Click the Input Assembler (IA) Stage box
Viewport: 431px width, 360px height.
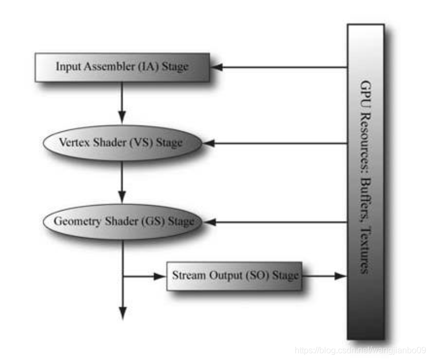click(x=122, y=67)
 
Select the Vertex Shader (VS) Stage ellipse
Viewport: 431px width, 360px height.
click(x=122, y=143)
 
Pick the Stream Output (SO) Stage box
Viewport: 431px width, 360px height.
click(x=234, y=276)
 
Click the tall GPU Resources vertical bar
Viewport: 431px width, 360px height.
click(x=365, y=182)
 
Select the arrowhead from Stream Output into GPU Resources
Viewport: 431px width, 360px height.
click(x=341, y=276)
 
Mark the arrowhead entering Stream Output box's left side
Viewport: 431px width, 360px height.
click(x=161, y=276)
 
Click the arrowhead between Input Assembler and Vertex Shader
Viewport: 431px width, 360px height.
click(x=122, y=116)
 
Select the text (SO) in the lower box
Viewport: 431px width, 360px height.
click(x=258, y=276)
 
